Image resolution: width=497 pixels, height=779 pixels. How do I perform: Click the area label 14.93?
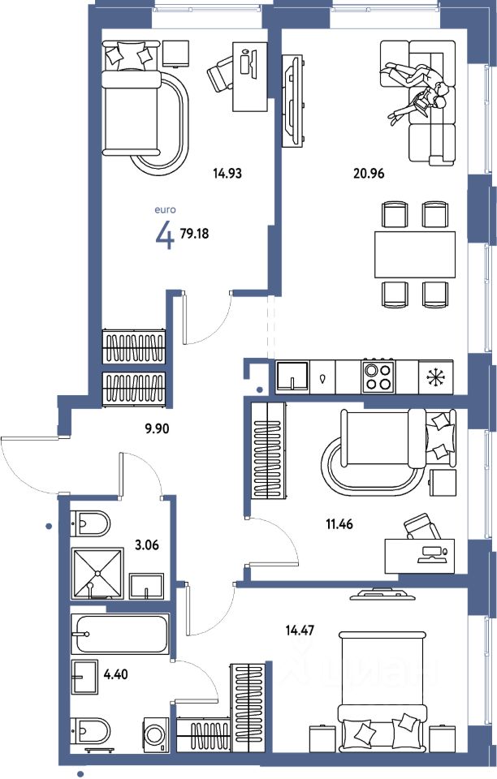pos(227,174)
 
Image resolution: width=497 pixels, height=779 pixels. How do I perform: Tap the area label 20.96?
pos(369,174)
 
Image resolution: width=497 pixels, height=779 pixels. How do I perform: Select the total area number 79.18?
pos(194,234)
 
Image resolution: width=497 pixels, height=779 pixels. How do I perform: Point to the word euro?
pos(165,210)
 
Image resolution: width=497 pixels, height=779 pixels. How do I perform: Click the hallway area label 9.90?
pos(157,428)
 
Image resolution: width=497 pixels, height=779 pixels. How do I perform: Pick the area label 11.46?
pos(339,523)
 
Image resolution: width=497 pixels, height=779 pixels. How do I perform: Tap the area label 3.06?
pos(147,545)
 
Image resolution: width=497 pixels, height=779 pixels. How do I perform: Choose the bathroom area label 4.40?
pos(116,674)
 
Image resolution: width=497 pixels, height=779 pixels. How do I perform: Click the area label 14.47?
pos(300,631)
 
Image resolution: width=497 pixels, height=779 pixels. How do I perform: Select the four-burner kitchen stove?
pos(378,377)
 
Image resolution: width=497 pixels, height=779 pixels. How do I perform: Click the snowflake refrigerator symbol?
pos(436,377)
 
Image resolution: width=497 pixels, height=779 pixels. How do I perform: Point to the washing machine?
pos(157,734)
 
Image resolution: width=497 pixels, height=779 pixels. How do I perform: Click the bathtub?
pos(120,634)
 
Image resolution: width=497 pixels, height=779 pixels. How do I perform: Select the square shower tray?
pos(97,574)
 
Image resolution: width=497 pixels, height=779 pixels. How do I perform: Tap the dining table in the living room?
pos(415,254)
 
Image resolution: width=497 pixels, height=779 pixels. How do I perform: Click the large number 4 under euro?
pos(165,235)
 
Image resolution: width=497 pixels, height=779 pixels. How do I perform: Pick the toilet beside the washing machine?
pos(90,731)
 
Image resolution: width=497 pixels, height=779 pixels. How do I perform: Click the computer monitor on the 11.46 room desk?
pos(431,553)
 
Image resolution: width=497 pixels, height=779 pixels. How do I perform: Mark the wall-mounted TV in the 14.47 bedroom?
pos(382,594)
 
